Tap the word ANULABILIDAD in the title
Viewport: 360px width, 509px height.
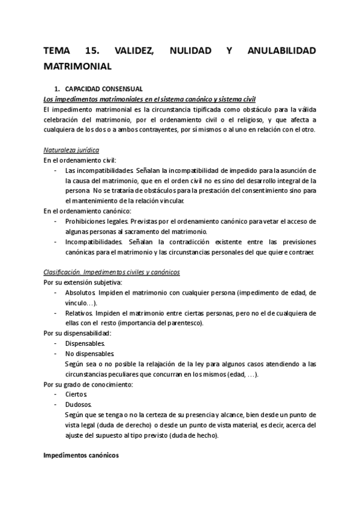[281, 51]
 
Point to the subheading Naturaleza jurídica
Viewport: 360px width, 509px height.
[71, 149]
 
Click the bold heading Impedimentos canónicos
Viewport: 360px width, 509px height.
[81, 456]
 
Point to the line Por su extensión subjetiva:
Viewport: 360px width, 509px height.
[83, 282]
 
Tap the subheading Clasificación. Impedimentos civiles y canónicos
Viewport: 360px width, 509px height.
[112, 272]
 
